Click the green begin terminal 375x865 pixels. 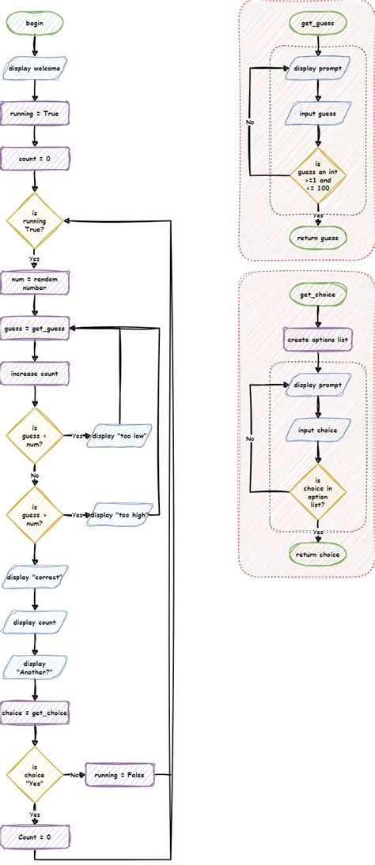point(35,23)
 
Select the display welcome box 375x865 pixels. point(35,69)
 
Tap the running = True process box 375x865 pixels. point(35,114)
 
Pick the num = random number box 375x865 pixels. point(35,284)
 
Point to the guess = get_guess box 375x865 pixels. point(35,327)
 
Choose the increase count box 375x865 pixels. point(35,371)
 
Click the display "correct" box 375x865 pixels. point(35,577)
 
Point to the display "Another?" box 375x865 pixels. point(35,668)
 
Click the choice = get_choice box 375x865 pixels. point(35,713)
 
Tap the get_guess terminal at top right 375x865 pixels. point(318,24)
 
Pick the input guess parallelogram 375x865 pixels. point(318,114)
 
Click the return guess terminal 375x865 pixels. point(318,238)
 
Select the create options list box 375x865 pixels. point(318,340)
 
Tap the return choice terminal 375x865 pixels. point(318,555)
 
